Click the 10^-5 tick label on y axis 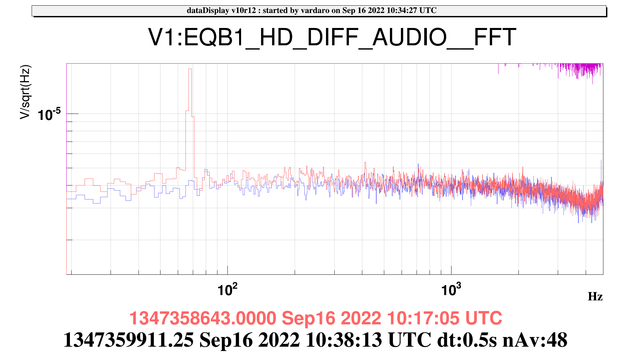pyautogui.click(x=49, y=114)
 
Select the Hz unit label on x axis pyautogui.click(x=595, y=296)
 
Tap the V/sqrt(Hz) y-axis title pyautogui.click(x=25, y=92)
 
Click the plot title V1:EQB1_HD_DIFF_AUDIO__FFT pyautogui.click(x=332, y=37)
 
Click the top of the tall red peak pyautogui.click(x=190, y=69)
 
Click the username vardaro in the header pyautogui.click(x=315, y=11)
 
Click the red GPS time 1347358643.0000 pyautogui.click(x=202, y=318)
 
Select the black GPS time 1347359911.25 pyautogui.click(x=129, y=340)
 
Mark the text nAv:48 pyautogui.click(x=535, y=340)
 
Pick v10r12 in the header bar pyautogui.click(x=242, y=11)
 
